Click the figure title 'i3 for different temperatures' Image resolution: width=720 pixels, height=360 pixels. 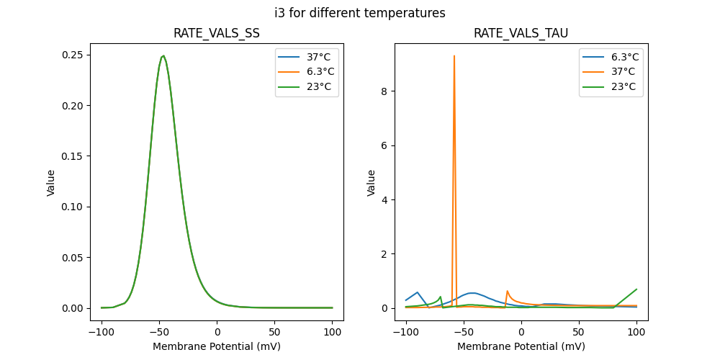coord(359,13)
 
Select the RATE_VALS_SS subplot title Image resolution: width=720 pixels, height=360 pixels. coord(217,34)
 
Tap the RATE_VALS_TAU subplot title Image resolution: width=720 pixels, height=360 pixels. coord(521,34)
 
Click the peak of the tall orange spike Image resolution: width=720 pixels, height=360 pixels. coord(454,55)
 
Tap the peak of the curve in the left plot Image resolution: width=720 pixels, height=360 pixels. coord(163,55)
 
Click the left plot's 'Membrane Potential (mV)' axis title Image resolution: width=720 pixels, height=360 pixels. coord(217,346)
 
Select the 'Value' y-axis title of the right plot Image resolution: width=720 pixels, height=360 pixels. coord(372,182)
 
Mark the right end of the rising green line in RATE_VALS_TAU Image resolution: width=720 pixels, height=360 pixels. coord(636,289)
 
